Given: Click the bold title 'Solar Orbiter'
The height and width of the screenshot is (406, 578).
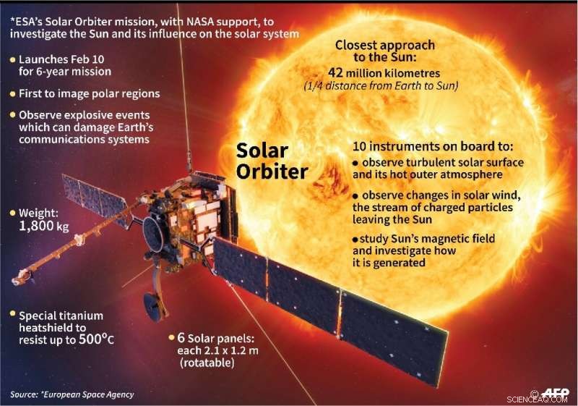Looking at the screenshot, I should pyautogui.click(x=272, y=161).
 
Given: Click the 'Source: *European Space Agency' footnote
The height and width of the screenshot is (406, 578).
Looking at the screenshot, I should pyautogui.click(x=72, y=394).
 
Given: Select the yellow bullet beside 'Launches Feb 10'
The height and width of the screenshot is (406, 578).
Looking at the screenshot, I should pyautogui.click(x=12, y=59).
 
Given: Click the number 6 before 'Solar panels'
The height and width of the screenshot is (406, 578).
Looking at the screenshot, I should pyautogui.click(x=182, y=337).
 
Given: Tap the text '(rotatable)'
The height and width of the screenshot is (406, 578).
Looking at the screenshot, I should pyautogui.click(x=209, y=362).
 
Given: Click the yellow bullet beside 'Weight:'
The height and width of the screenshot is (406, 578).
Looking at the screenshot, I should pyautogui.click(x=12, y=214).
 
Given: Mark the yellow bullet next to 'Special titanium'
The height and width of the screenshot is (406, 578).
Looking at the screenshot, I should pyautogui.click(x=12, y=316).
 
